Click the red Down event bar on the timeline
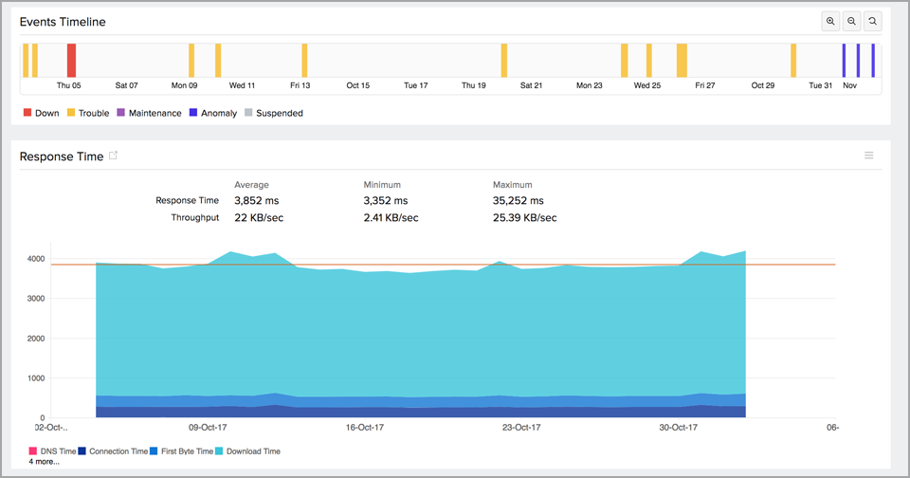coord(71,60)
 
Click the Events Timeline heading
coord(63,22)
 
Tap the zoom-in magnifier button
coord(830,21)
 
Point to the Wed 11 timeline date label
coord(243,85)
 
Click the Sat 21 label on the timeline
coord(532,85)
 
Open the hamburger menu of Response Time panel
coord(868,156)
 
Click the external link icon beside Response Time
coord(114,156)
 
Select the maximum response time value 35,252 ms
coord(518,201)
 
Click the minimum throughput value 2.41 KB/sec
coord(391,217)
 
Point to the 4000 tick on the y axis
coord(35,259)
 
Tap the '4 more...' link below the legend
coord(44,462)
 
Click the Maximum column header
coord(512,185)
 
